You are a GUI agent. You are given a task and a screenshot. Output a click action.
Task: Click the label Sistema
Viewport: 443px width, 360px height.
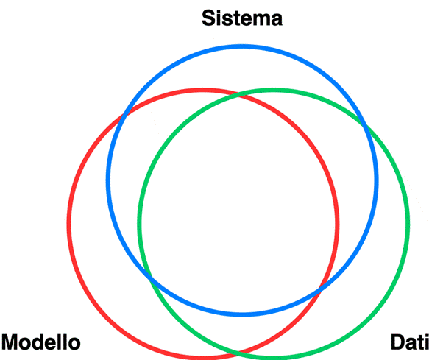click(241, 18)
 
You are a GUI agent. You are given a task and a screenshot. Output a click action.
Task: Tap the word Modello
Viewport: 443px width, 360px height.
click(41, 343)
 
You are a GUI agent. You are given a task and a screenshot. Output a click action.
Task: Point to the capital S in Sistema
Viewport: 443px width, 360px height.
click(210, 18)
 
